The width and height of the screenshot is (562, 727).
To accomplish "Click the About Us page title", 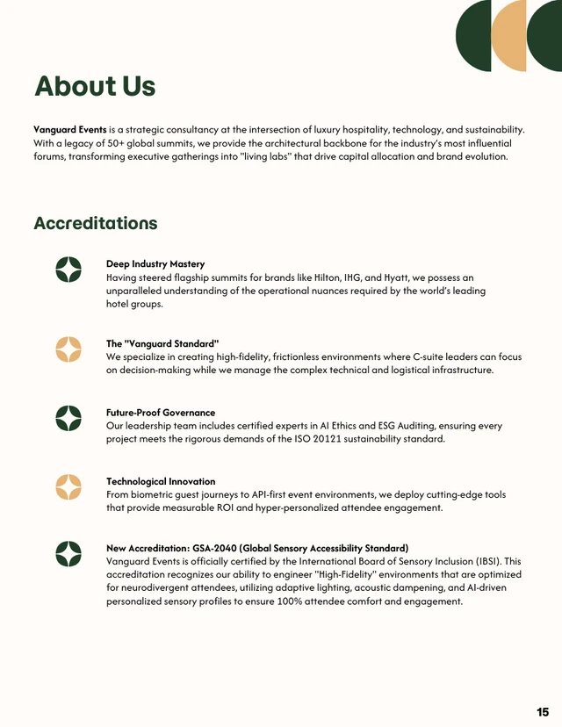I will [95, 86].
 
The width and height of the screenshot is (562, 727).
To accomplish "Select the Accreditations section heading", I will [95, 223].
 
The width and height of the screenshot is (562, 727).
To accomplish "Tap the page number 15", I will [543, 711].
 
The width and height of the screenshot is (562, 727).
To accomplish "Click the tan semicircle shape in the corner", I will [508, 35].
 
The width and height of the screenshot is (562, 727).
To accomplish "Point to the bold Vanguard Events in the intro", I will [70, 129].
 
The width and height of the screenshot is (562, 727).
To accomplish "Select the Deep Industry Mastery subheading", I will [155, 263].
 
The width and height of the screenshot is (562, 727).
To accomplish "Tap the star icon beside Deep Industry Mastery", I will [68, 270].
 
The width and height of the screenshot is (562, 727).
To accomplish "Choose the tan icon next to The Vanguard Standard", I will [68, 349].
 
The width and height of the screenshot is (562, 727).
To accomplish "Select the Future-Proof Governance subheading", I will [161, 412].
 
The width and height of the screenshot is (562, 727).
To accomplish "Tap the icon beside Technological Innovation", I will [68, 486].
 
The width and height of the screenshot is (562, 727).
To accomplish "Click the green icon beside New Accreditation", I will [68, 554].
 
